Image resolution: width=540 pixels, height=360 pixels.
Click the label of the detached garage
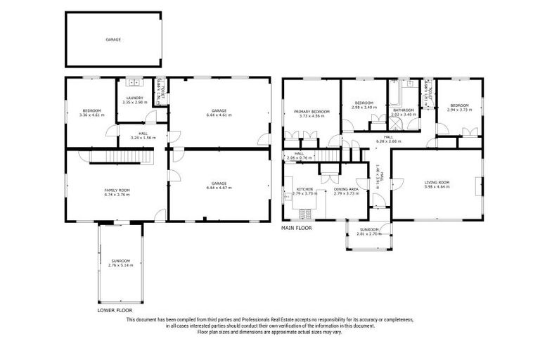pos(113,40)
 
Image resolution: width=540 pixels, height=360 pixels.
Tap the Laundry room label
pos(134,98)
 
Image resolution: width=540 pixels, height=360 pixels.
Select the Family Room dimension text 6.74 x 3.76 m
pos(117,195)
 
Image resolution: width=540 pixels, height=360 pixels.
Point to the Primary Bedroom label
pos(312,111)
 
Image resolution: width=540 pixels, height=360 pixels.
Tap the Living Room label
pos(436,183)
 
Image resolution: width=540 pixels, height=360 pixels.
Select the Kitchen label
pos(304,189)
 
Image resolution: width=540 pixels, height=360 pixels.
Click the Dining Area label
pos(346,189)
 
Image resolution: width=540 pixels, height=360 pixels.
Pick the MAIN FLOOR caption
pos(297,229)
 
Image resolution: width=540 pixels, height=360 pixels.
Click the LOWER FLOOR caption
pos(115,309)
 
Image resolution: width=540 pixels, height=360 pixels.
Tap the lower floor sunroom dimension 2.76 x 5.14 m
pos(120,266)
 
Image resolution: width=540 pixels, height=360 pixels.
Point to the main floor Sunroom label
pos(369,229)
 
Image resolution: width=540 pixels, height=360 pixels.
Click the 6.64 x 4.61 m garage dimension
pos(219,115)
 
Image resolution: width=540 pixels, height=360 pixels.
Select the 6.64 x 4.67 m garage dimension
pos(219,188)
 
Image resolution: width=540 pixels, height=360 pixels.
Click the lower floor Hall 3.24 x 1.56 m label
pos(142,137)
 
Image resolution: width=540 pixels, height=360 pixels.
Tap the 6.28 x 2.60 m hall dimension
pos(388,141)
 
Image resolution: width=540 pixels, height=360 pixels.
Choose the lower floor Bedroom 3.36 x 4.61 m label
pos(92,115)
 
